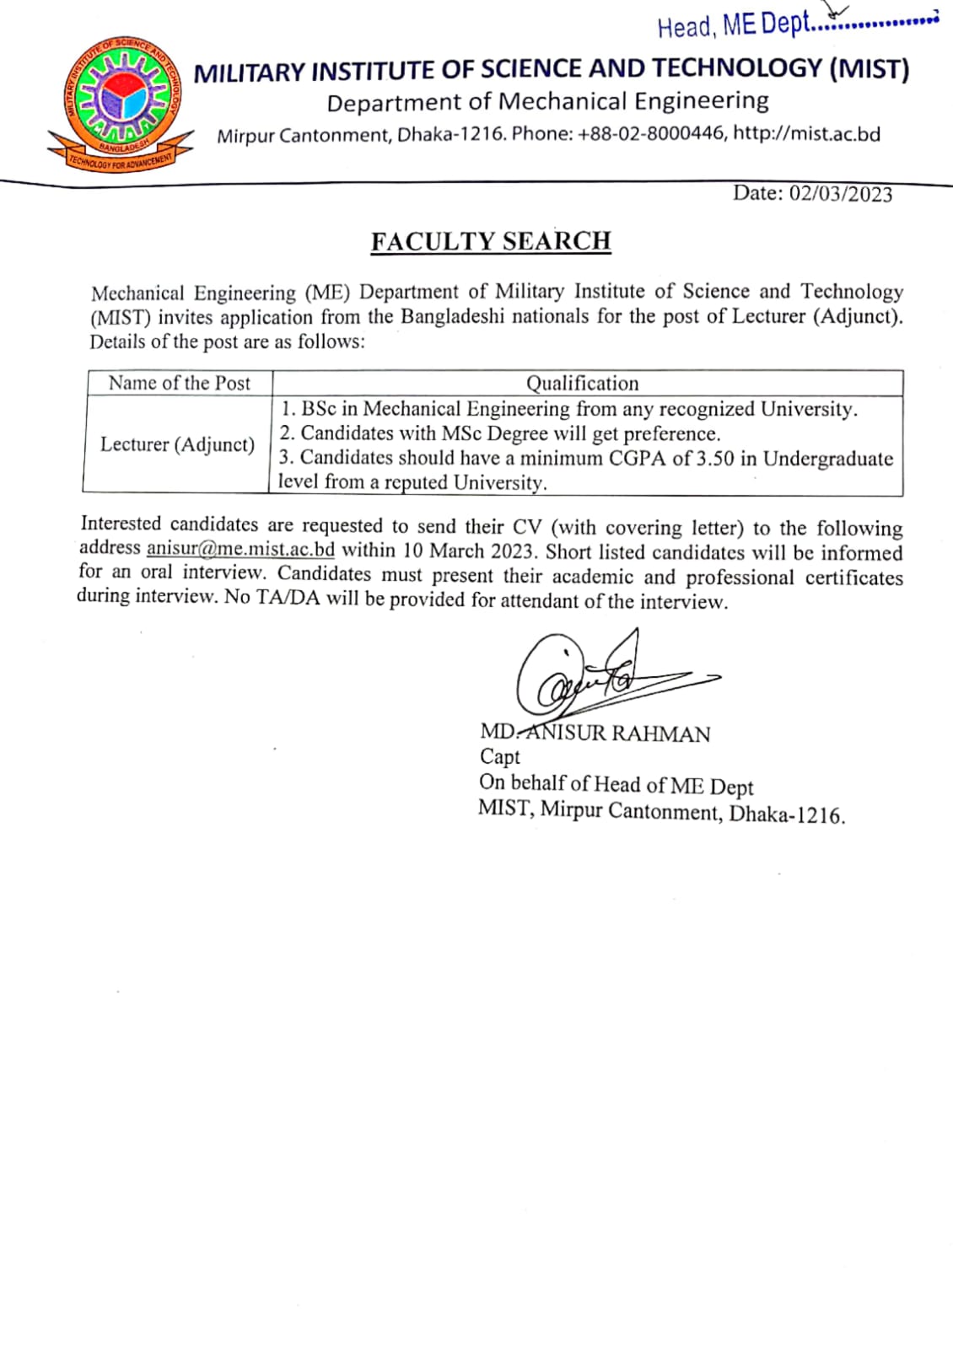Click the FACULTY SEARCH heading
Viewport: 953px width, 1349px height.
tap(491, 241)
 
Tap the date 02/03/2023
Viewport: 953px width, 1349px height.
tap(840, 194)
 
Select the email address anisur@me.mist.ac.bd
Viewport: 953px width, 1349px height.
tap(240, 549)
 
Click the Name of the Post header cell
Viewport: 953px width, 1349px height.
tap(179, 384)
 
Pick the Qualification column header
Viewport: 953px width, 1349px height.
tap(582, 384)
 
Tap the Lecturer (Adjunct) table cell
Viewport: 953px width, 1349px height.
tap(177, 444)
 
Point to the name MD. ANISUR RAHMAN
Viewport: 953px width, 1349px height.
tap(595, 733)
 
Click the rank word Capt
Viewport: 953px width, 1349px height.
tap(499, 757)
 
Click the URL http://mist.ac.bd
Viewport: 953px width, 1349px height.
tap(806, 134)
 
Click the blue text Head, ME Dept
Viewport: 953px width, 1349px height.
tap(732, 25)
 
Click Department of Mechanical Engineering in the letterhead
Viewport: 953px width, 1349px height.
tap(547, 102)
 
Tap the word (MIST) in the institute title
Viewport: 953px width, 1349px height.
tap(869, 69)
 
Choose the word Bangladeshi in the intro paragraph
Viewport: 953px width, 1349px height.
tap(452, 317)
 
